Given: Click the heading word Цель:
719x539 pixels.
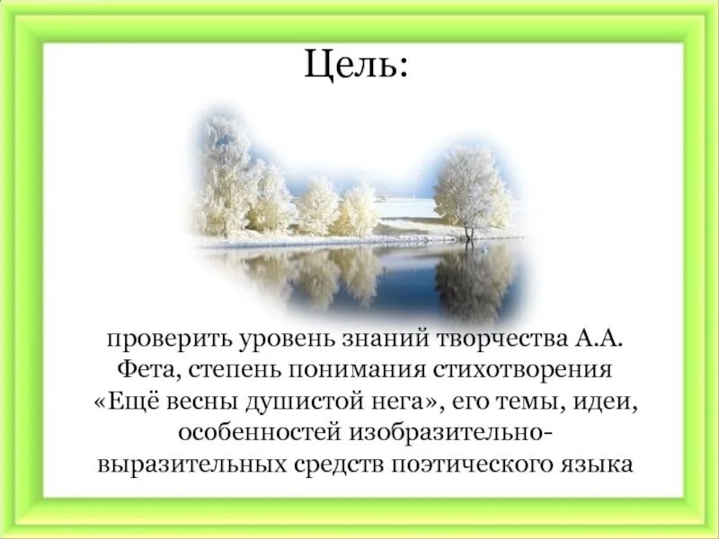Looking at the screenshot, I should [357, 65].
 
